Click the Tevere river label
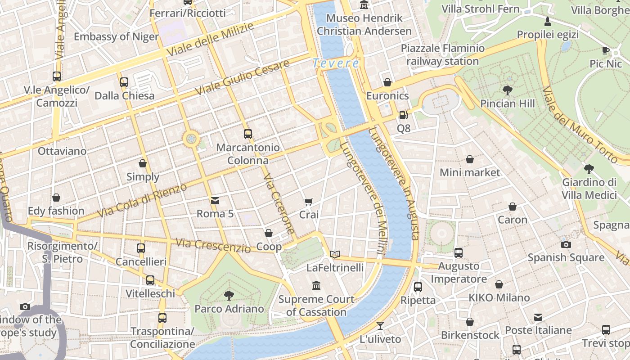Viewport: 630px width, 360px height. (x=336, y=63)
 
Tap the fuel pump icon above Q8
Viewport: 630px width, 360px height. (x=403, y=115)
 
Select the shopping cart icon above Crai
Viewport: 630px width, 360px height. (x=308, y=202)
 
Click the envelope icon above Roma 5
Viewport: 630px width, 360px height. (x=215, y=200)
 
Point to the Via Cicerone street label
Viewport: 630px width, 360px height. (x=279, y=204)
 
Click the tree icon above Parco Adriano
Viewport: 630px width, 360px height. (x=229, y=296)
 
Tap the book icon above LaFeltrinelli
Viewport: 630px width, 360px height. (x=334, y=254)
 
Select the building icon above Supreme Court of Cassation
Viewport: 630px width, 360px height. (x=316, y=286)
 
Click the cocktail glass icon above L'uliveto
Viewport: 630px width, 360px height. (x=380, y=325)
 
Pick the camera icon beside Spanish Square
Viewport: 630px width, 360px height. (x=566, y=244)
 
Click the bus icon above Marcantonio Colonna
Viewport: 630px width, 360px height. (x=247, y=134)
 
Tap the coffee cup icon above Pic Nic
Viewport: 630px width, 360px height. (x=606, y=50)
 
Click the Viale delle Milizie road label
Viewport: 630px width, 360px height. (x=210, y=40)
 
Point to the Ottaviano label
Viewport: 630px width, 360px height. (x=62, y=151)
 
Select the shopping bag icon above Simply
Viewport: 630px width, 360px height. (x=143, y=163)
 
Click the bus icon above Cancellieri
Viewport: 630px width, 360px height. (x=141, y=248)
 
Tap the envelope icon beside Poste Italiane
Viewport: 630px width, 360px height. (x=538, y=317)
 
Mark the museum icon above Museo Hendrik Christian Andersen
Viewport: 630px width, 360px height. (x=364, y=5)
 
